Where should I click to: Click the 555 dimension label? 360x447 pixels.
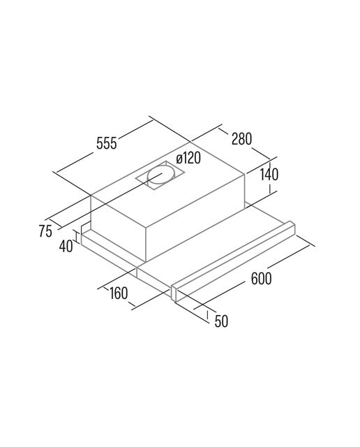(107, 142)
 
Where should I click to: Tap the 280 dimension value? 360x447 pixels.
(242, 138)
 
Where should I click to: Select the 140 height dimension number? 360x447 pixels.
(269, 175)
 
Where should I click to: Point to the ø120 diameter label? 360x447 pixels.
(188, 158)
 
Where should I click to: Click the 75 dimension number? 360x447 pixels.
(45, 231)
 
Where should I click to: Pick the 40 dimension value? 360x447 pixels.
(66, 246)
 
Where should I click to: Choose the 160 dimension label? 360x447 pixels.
(119, 293)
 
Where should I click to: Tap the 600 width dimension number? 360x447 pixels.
(261, 278)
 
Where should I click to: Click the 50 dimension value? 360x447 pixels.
(221, 321)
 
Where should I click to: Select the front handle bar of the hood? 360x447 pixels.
(234, 260)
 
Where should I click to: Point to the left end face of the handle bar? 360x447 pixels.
(174, 293)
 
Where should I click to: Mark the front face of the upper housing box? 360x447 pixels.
(118, 228)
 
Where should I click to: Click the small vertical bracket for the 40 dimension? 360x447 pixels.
(76, 236)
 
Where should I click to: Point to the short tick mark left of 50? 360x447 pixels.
(207, 315)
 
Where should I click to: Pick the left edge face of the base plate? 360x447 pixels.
(109, 255)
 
